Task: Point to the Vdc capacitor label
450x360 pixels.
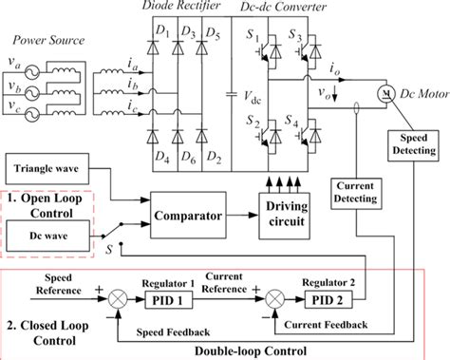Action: [x=251, y=98]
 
